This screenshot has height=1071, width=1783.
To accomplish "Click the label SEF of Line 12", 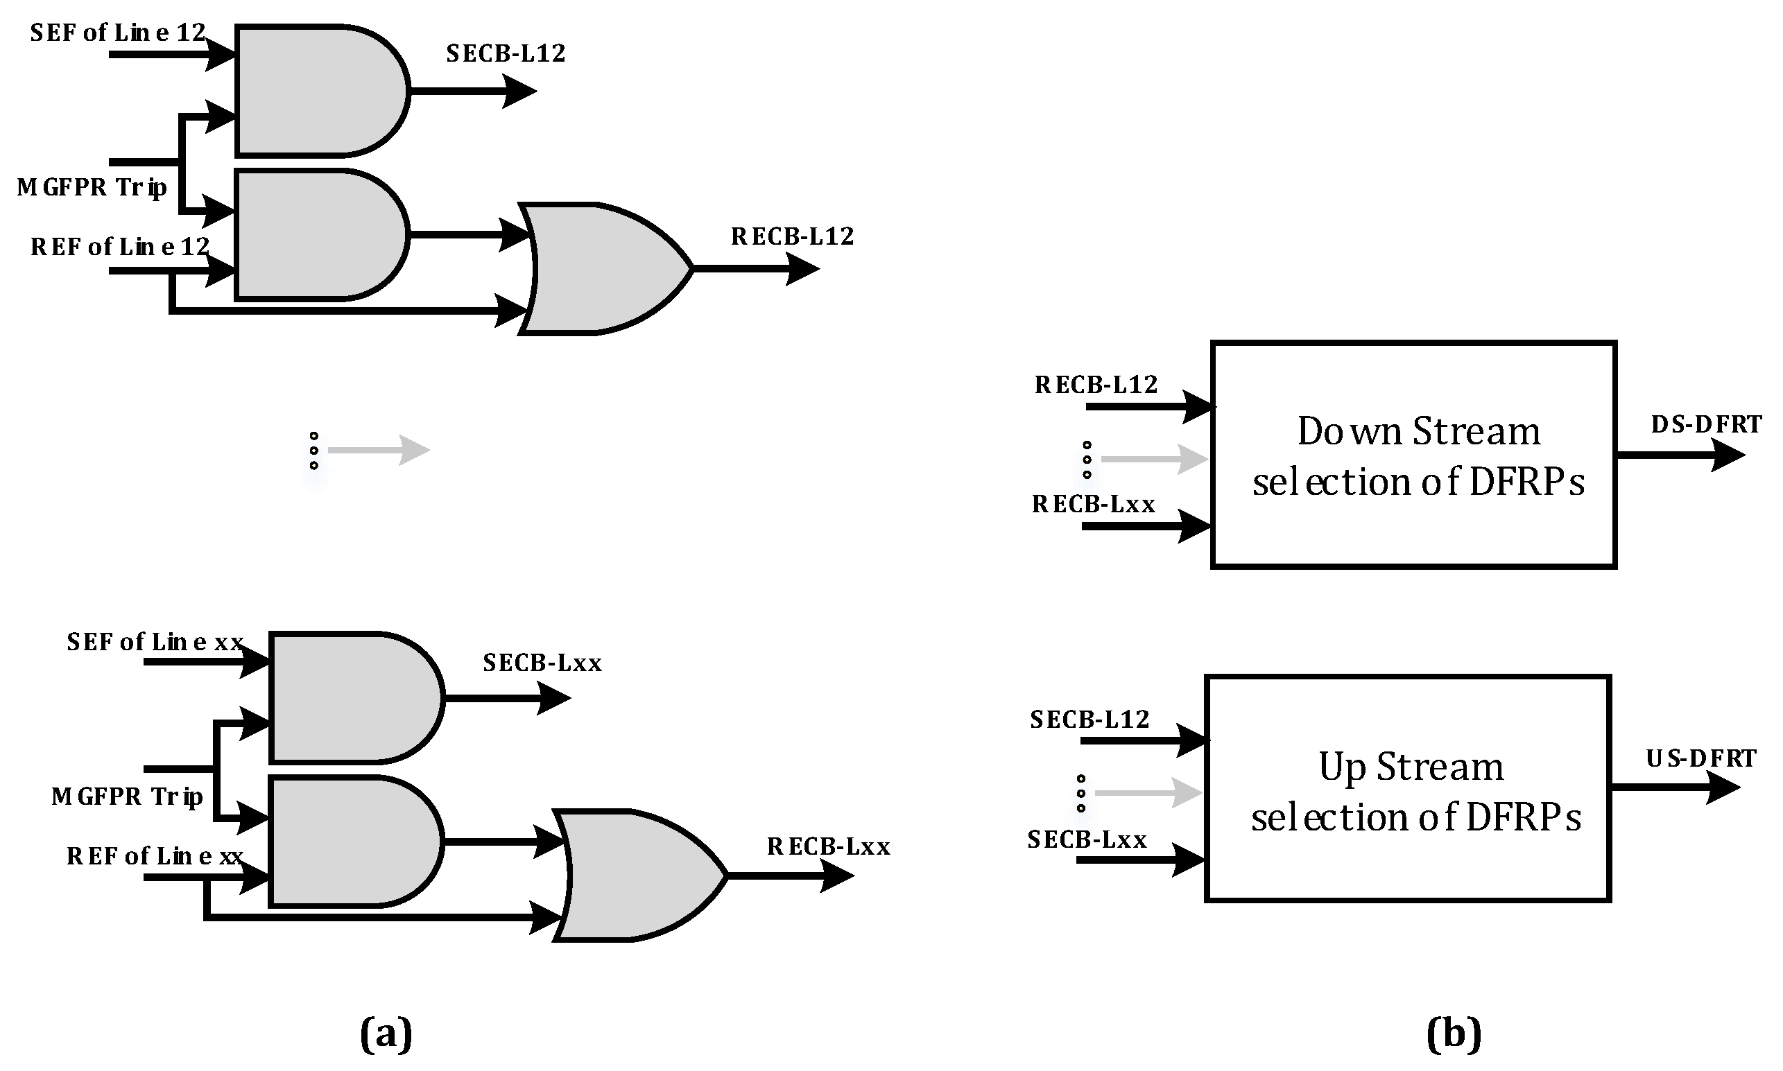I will [x=118, y=33].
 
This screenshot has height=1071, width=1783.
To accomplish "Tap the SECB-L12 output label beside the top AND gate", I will [x=506, y=53].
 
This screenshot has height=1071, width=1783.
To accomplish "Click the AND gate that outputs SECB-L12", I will [x=318, y=91].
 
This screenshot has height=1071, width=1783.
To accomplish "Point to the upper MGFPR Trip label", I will [x=92, y=188].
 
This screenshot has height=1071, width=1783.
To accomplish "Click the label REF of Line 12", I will [x=119, y=247].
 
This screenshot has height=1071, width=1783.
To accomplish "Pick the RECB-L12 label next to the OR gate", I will [x=792, y=236].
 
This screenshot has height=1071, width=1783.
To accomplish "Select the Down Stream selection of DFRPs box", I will [x=1413, y=455].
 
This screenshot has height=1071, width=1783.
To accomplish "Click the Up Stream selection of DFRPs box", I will [x=1408, y=788].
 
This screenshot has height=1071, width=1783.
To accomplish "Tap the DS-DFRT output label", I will [x=1706, y=424].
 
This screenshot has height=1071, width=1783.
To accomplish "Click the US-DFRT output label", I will [x=1700, y=758].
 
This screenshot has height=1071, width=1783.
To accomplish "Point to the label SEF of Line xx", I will [x=155, y=643].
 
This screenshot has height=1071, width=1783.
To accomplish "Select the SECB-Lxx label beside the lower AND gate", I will [x=542, y=663].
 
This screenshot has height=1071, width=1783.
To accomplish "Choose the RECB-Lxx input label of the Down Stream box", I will [x=1093, y=505].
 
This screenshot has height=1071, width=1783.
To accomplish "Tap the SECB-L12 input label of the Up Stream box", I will [x=1089, y=720].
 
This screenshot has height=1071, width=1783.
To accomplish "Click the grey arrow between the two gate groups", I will [x=378, y=451].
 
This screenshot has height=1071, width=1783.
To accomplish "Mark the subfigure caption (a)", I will [x=386, y=1034].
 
